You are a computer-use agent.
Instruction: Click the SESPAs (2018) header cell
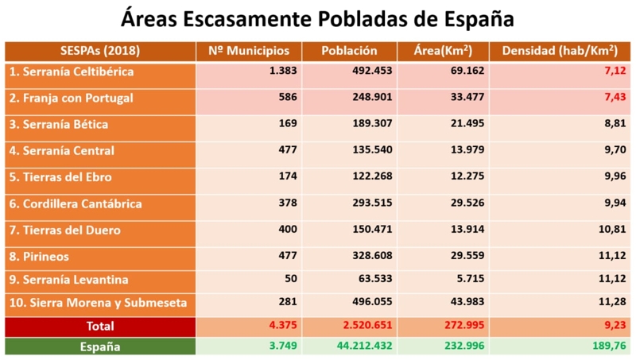99,51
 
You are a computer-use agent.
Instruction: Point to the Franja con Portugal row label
71,99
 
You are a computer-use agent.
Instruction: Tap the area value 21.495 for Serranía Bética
460,125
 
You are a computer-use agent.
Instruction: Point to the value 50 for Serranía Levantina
289,281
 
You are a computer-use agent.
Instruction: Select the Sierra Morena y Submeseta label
97,303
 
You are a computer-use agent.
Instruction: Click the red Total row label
99,326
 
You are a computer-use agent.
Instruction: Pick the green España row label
99,347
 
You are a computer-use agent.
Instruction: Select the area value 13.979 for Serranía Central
460,151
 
